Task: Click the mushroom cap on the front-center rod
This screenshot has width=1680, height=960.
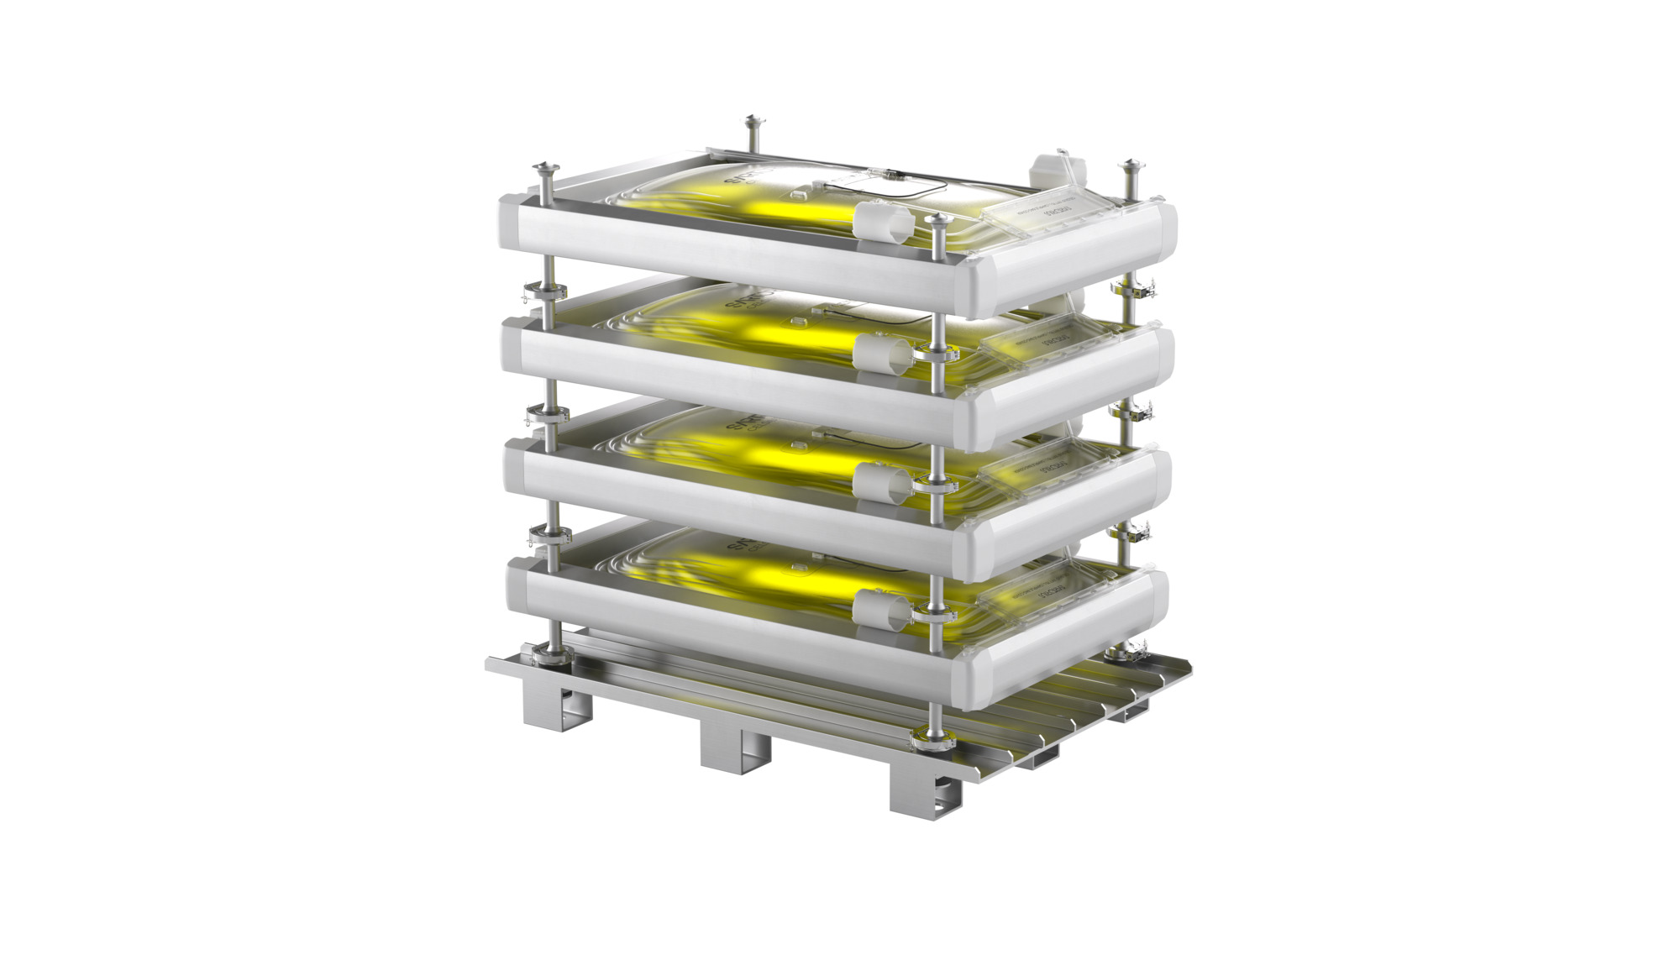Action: coord(938,221)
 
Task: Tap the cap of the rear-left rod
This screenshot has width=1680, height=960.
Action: coord(750,123)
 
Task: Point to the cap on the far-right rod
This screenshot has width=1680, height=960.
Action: coord(1131,165)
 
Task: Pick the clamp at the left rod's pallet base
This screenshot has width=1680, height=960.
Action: coord(546,653)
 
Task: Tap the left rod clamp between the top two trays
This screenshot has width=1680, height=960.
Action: coord(545,294)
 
